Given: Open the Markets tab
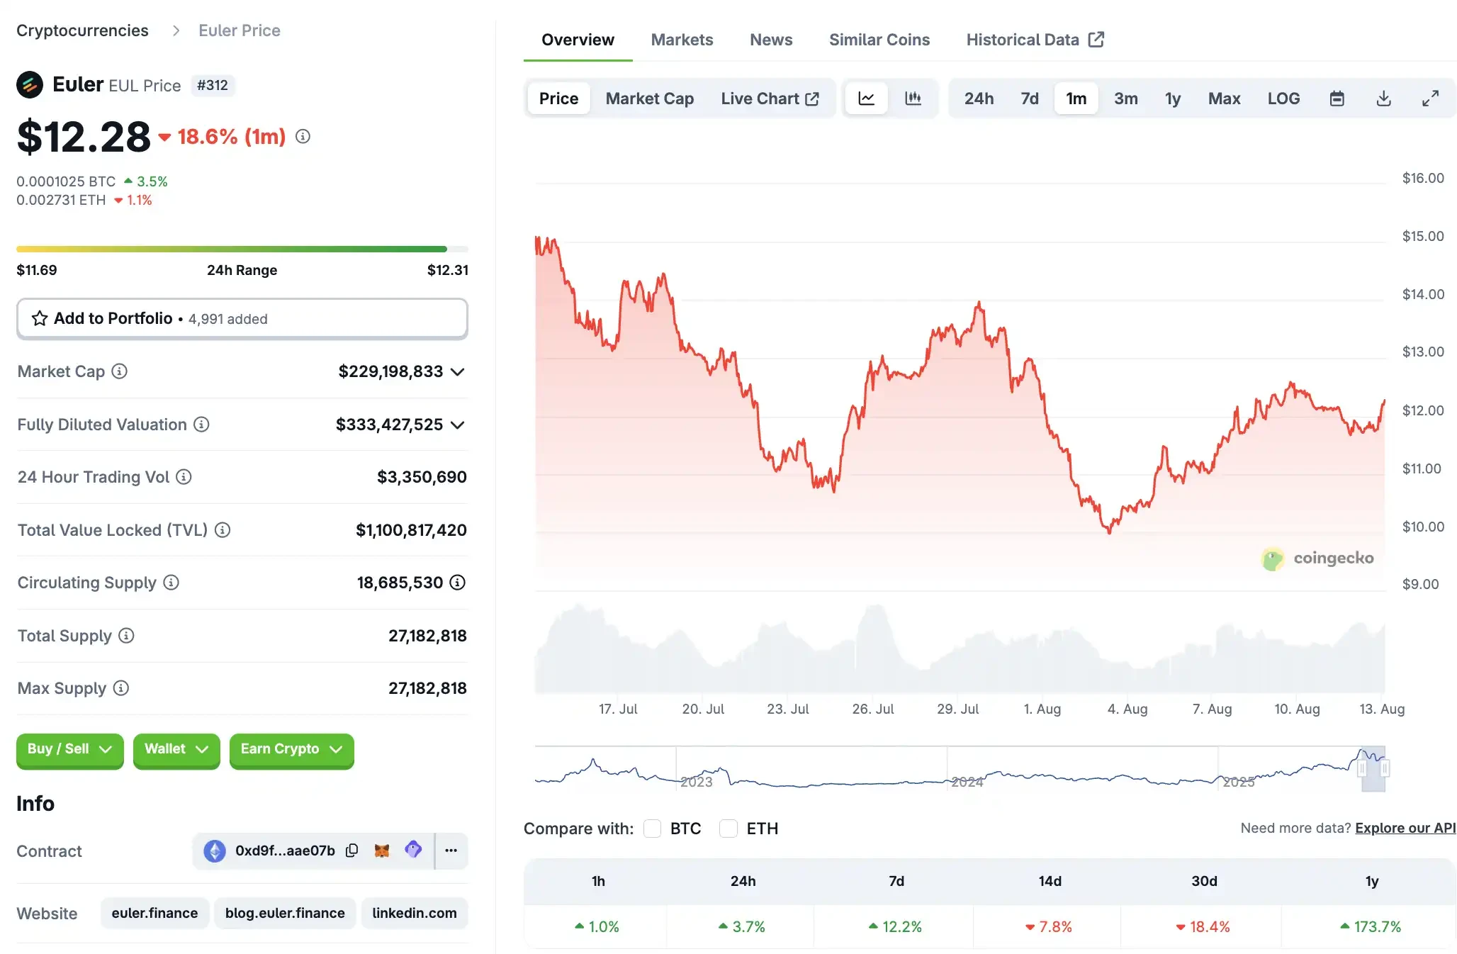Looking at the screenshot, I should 682,40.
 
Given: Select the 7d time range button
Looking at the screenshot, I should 1029,99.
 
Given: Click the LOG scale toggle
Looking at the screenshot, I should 1283,99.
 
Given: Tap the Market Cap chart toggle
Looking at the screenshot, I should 649,99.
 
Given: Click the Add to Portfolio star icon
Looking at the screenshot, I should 40,318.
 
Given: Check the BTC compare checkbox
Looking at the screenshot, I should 653,829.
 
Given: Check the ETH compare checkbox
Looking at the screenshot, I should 728,829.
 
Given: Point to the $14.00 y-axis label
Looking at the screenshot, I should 1422,294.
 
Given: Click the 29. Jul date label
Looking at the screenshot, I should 957,709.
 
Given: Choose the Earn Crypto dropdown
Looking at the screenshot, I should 291,749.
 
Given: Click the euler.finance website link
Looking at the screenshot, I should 154,913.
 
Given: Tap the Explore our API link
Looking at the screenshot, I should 1405,828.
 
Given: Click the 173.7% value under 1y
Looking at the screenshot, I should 1377,926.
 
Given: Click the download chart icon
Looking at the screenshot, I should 1383,99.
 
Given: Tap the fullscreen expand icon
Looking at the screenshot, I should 1430,99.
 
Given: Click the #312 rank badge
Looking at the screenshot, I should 213,85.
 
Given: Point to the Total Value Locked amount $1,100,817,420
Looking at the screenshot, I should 411,530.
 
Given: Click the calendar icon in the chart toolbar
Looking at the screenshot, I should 1337,99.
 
